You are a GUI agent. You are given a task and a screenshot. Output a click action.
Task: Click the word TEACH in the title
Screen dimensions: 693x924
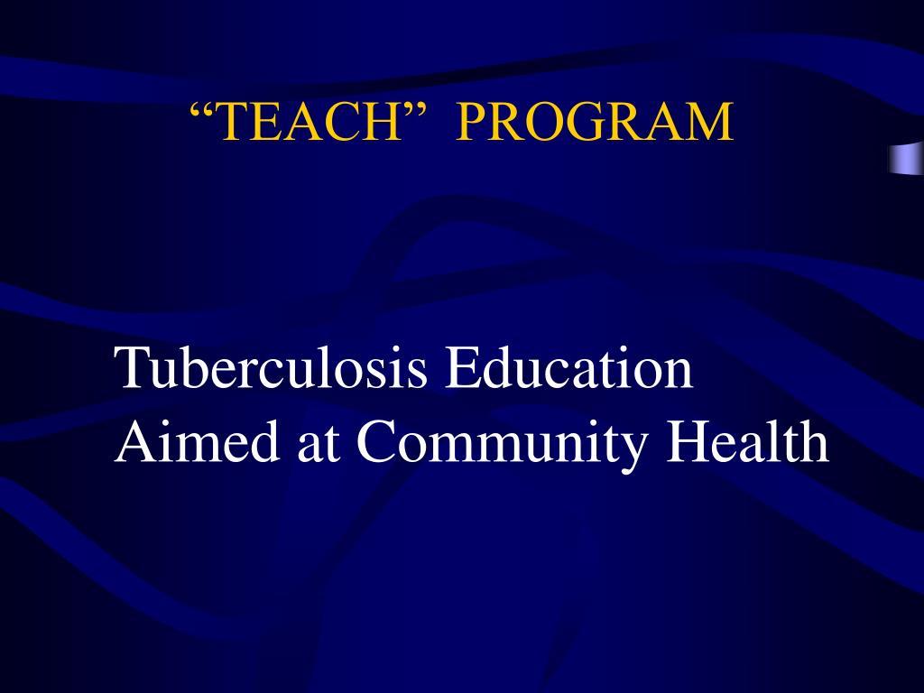tap(309, 122)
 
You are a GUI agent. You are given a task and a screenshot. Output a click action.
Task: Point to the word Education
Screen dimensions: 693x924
tap(569, 369)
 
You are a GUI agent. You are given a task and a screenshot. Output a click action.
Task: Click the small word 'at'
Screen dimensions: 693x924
tap(316, 444)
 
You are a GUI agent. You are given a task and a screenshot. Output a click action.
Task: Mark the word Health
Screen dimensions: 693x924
tap(748, 442)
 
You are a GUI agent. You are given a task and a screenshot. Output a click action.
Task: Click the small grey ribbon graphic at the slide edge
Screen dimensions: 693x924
tap(905, 158)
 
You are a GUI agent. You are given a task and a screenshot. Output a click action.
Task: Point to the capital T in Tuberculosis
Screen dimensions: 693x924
tap(131, 369)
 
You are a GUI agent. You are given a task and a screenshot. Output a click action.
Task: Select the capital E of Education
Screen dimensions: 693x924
tap(458, 369)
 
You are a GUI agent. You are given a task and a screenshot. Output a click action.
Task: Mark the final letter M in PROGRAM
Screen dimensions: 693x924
tap(711, 122)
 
